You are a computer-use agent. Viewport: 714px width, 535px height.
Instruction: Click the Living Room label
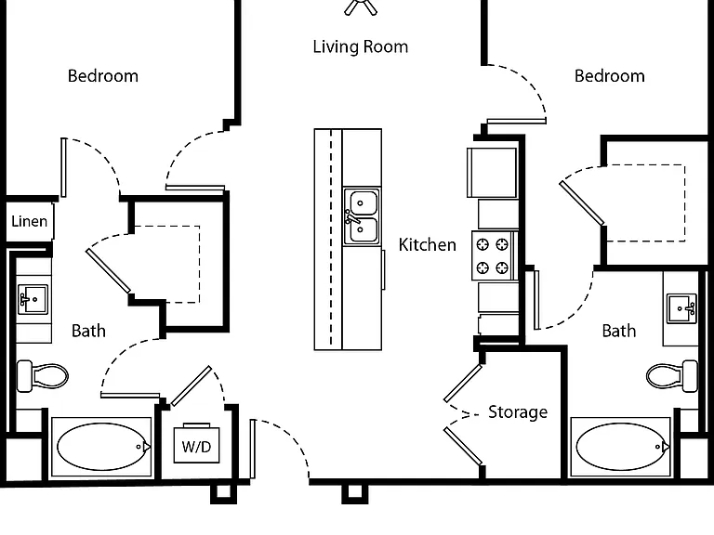click(x=360, y=46)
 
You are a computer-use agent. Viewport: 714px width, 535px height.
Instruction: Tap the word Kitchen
click(x=427, y=245)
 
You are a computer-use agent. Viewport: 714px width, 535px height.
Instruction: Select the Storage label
click(x=518, y=412)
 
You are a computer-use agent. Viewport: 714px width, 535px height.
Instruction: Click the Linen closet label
click(x=29, y=221)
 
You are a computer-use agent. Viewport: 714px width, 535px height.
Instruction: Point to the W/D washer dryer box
click(x=197, y=445)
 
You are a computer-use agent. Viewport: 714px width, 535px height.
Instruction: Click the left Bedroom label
click(x=103, y=76)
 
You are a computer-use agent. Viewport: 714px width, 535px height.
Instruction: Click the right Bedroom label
click(x=610, y=76)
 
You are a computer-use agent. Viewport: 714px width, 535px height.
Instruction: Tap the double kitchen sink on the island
click(x=362, y=216)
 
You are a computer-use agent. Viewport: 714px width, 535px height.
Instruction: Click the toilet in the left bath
click(x=43, y=376)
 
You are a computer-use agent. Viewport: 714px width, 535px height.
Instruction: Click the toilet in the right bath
click(x=672, y=376)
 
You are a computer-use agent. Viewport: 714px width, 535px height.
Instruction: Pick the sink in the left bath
click(x=33, y=299)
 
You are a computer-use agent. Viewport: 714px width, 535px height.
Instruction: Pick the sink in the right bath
click(x=681, y=308)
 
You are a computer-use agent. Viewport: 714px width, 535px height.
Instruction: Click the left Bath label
click(x=89, y=331)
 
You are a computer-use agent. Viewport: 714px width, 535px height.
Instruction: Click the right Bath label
click(x=619, y=331)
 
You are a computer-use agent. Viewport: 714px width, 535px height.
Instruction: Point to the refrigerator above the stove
click(x=492, y=173)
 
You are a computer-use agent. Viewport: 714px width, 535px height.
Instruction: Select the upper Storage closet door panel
click(x=463, y=384)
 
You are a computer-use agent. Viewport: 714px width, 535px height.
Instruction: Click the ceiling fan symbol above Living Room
click(x=361, y=7)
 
